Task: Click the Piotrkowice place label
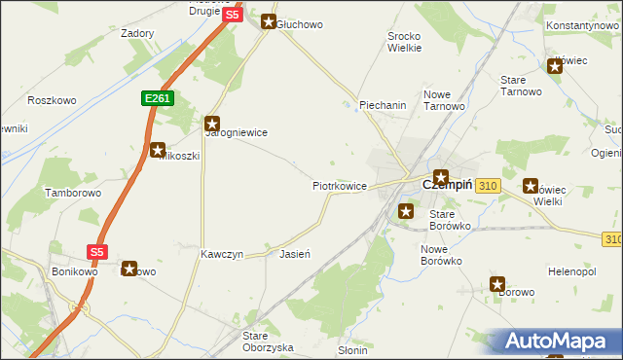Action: [339, 185]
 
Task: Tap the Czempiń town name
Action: [447, 185]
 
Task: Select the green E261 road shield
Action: [156, 98]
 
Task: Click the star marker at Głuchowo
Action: [269, 20]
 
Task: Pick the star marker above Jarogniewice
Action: [211, 124]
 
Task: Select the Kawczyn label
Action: [221, 254]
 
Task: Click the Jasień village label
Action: [294, 254]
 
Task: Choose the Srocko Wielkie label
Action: [404, 41]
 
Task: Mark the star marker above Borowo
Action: [497, 285]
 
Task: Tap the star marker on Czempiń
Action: [440, 178]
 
